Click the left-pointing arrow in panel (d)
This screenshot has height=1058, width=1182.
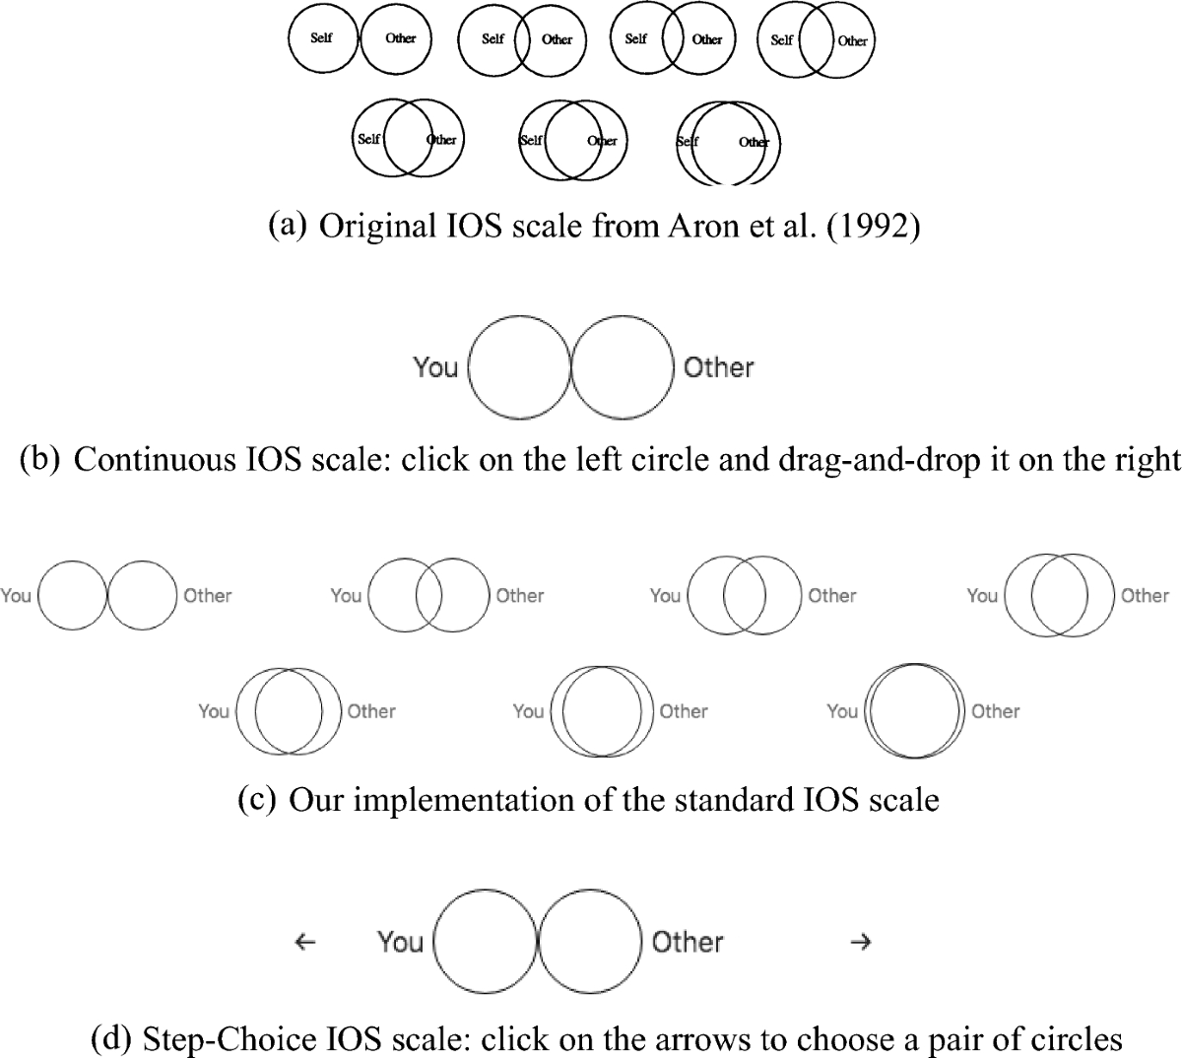(305, 942)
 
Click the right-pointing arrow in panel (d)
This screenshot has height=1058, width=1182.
(860, 942)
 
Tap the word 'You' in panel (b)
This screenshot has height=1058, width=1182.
(435, 367)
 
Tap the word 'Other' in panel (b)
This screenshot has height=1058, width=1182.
(719, 367)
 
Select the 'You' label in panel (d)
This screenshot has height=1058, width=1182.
(400, 942)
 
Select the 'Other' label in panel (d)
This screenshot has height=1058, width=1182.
(688, 942)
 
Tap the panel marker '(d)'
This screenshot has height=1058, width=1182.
(112, 1038)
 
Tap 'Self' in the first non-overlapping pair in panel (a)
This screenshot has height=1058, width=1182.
(321, 38)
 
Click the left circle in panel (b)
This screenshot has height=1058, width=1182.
(519, 366)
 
